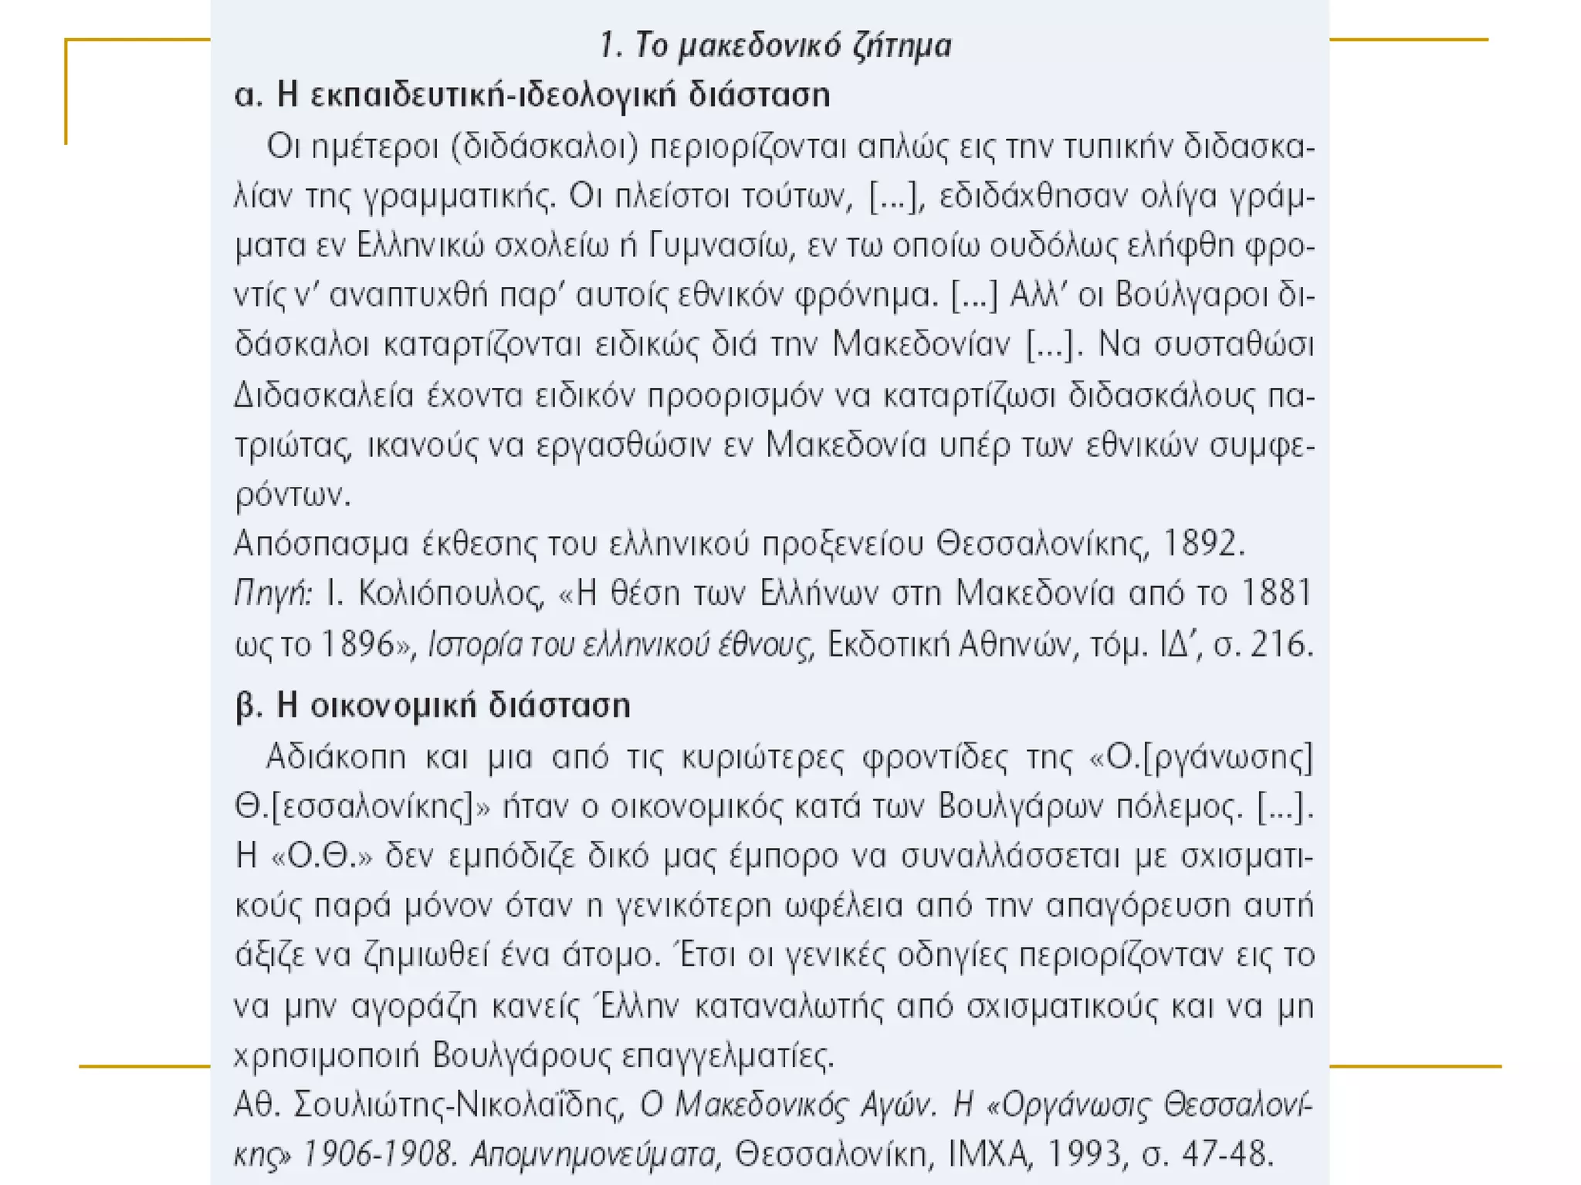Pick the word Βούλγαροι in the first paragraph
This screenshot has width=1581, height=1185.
coord(1192,295)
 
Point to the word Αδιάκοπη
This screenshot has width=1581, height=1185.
coord(336,758)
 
